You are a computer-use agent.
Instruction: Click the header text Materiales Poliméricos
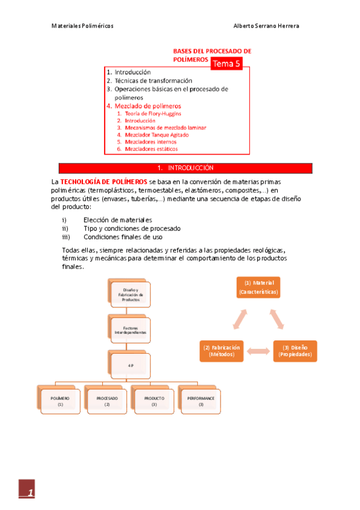[82, 26]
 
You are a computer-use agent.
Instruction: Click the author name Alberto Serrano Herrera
[266, 26]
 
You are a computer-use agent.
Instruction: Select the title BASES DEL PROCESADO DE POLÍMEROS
[212, 55]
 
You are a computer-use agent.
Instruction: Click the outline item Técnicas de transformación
[153, 80]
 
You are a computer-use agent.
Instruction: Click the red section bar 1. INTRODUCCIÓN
[185, 168]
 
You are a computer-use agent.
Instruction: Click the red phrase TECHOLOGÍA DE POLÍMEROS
[103, 182]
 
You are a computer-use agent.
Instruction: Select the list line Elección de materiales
[117, 220]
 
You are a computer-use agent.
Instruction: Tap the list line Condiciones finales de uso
[123, 236]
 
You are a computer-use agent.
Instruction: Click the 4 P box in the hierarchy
[130, 365]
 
